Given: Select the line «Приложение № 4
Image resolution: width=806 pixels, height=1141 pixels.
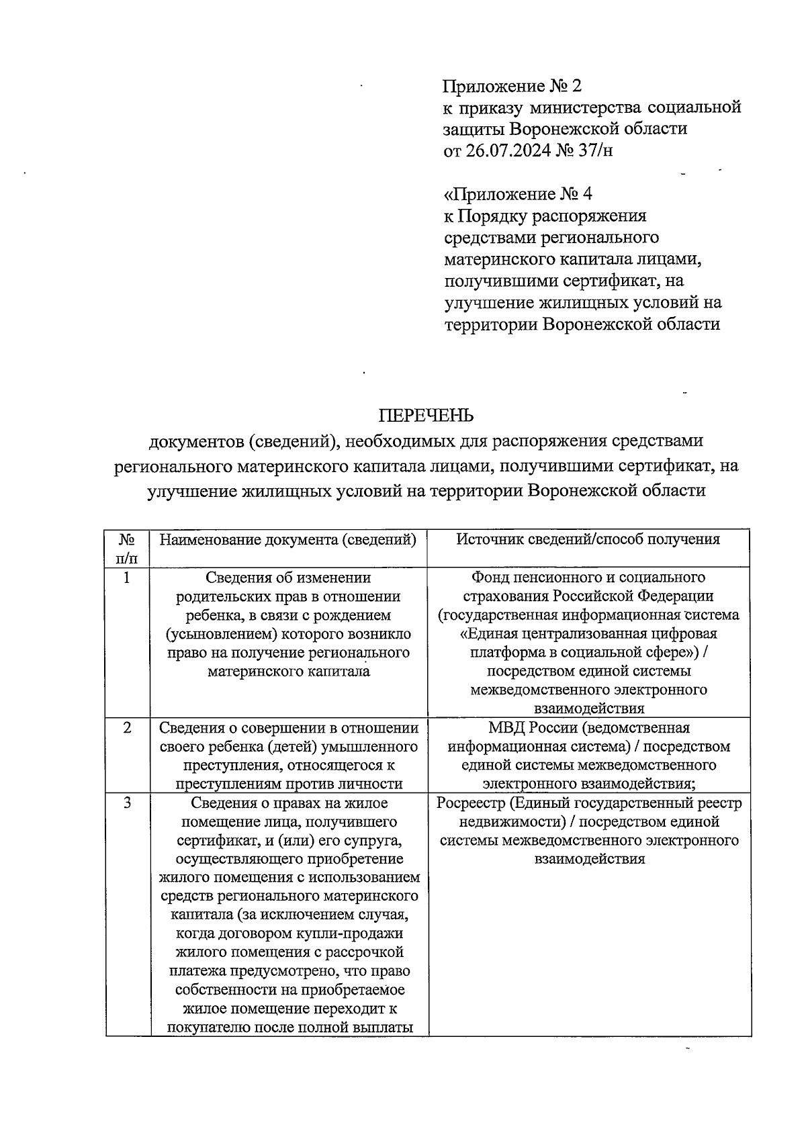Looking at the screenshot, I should (x=518, y=194).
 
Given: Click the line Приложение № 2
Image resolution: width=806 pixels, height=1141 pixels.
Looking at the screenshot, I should (x=511, y=86).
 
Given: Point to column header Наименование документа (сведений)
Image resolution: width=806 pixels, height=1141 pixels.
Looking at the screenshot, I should (x=288, y=539).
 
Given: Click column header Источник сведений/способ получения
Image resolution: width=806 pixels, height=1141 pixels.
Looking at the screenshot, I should (x=588, y=539).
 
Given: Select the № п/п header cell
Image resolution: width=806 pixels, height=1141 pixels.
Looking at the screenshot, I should (x=128, y=549).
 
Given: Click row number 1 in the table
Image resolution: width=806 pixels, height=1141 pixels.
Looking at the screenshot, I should (x=127, y=578).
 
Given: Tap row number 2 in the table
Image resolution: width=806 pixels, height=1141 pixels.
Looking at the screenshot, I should (x=127, y=728).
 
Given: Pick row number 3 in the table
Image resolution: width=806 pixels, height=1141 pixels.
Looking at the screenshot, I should (x=127, y=803).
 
